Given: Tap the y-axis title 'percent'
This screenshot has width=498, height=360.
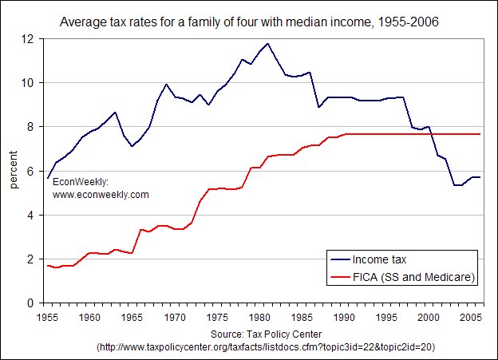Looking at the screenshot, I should pos(14,171).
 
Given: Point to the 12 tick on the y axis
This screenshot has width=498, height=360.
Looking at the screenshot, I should pos(31,38).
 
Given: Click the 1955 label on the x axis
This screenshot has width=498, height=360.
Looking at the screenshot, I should pos(46,317).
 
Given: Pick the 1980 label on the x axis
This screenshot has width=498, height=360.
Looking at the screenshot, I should pos(260,317).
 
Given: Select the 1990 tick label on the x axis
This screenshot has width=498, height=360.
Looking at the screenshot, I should pos(346,317).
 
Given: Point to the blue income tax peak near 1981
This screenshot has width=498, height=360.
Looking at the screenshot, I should pos(268,44).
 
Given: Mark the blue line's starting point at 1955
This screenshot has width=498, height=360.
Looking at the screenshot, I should pos(48,178).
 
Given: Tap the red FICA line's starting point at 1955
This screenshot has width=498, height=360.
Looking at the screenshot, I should pos(48,266).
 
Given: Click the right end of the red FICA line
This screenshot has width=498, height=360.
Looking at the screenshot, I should pos(480,134).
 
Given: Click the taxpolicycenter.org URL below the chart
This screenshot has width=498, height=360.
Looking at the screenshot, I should pos(266,347).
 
